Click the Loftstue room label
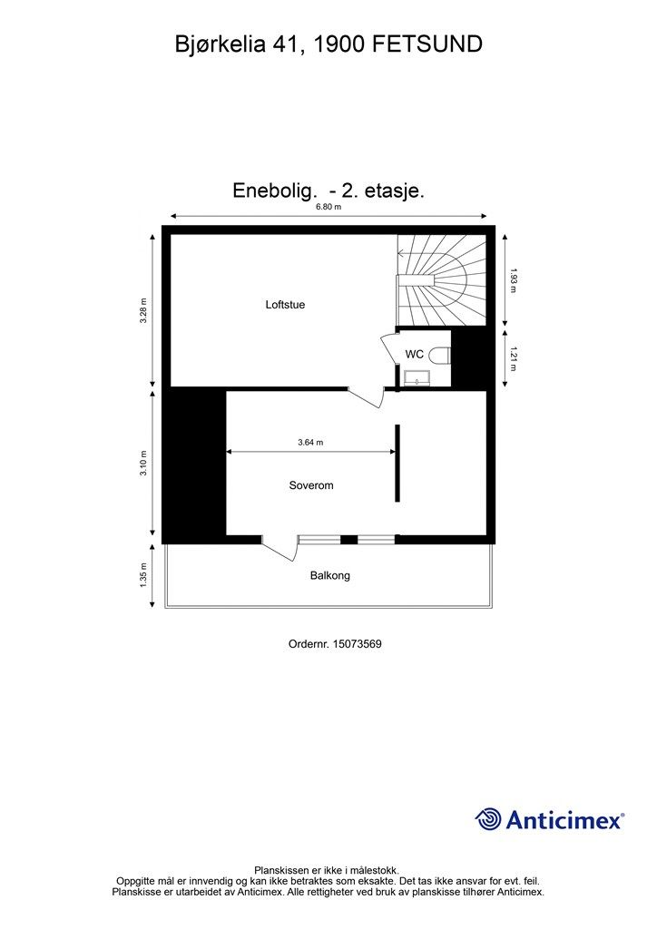click(285, 305)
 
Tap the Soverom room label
click(311, 485)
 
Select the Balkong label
click(329, 575)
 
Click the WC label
click(414, 355)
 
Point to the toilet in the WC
click(441, 355)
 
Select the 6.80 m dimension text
click(328, 207)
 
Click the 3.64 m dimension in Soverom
click(310, 443)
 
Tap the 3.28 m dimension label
click(143, 310)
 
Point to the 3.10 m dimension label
click(143, 463)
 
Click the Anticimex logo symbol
click(488, 819)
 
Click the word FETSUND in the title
click(427, 43)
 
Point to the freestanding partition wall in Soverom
click(397, 463)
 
